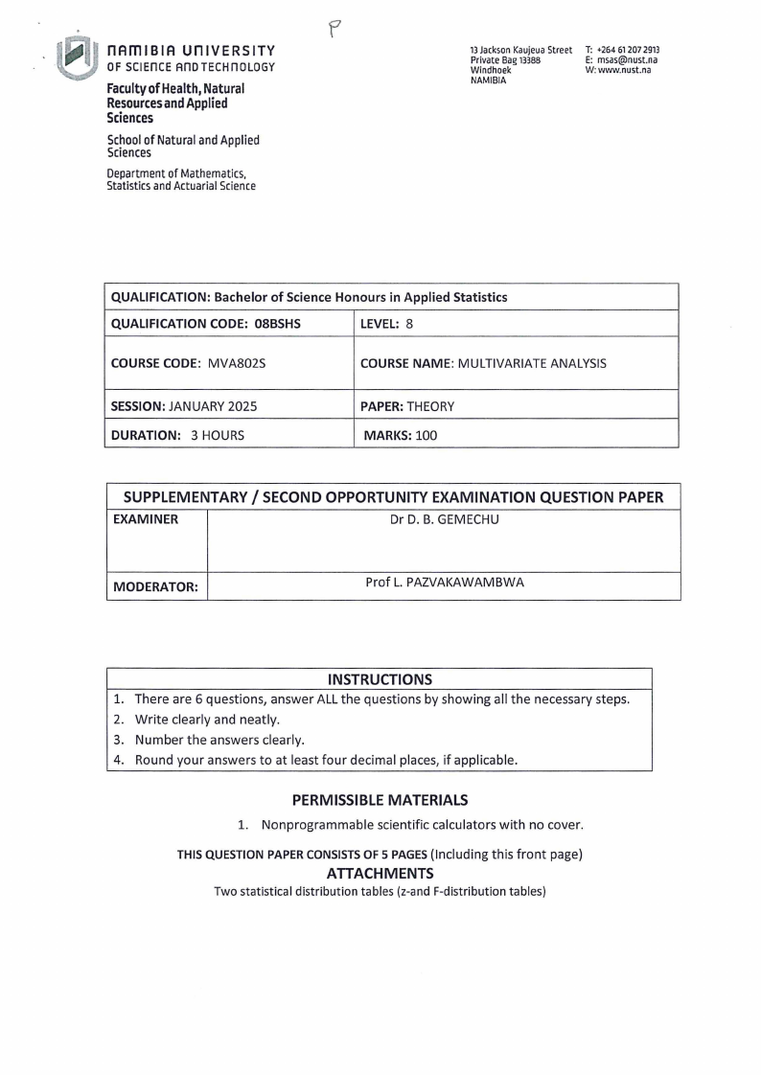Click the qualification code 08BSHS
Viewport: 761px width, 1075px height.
278,324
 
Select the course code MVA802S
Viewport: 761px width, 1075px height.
236,364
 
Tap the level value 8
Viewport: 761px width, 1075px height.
409,324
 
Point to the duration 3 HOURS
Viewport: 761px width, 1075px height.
217,435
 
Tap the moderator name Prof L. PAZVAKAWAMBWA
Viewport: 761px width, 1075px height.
445,583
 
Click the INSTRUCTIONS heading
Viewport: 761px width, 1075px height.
380,679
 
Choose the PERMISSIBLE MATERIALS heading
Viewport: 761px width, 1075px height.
380,799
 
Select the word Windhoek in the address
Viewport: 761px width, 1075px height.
490,69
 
